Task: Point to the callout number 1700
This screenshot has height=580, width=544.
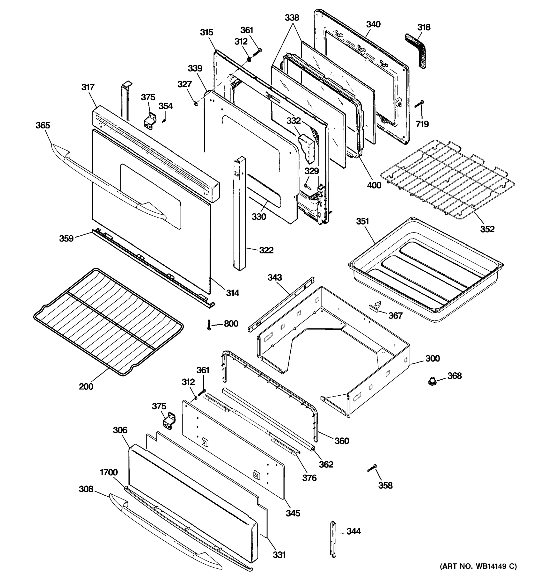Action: tap(109, 472)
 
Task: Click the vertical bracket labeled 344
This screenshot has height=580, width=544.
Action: tap(333, 539)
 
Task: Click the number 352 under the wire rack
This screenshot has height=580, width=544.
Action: tap(487, 229)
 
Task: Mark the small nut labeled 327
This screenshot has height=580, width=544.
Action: tap(196, 103)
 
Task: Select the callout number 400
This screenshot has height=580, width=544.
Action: tap(374, 185)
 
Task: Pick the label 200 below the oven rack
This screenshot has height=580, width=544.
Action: tap(86, 387)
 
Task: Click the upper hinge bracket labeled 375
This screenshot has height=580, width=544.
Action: tap(150, 121)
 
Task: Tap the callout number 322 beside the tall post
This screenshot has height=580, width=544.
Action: tap(266, 250)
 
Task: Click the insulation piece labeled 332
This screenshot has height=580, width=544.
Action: tap(307, 147)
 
